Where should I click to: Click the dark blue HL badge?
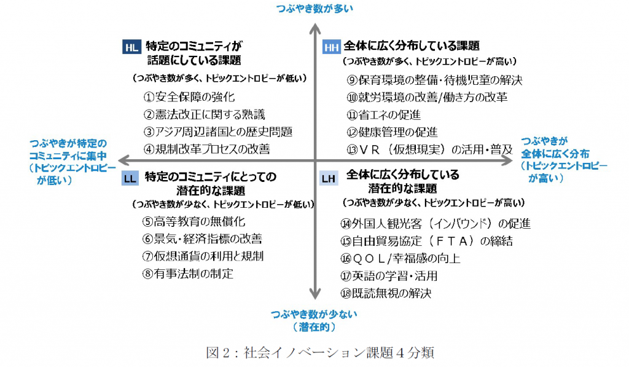[131, 47]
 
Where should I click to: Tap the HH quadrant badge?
[331, 47]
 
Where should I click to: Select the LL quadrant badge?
[130, 178]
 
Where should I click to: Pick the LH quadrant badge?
[329, 178]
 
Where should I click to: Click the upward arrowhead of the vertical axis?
[315, 29]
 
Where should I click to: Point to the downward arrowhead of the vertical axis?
[315, 293]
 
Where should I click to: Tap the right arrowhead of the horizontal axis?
[507, 160]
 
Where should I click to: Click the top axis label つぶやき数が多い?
[314, 9]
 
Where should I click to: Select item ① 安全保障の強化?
[189, 97]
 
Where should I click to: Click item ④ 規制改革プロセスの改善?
[206, 149]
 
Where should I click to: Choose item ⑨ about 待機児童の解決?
[434, 80]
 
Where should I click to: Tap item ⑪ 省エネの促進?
[383, 115]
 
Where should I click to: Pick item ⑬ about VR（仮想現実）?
[429, 149]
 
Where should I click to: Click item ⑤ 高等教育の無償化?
[193, 221]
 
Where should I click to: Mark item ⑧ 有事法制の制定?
[187, 274]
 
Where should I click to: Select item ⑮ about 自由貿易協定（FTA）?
[426, 241]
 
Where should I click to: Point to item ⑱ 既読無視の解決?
[386, 293]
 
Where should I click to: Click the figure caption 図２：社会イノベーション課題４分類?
[319, 352]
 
